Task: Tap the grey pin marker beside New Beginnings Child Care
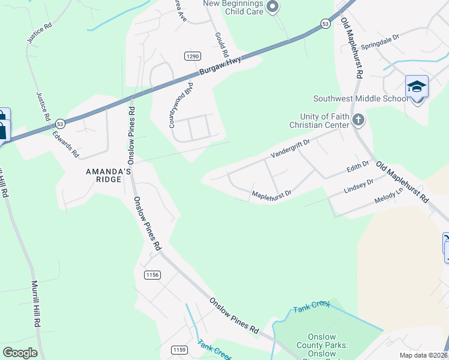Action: tap(273, 7)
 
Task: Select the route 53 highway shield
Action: tap(325, 23)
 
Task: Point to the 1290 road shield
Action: tap(192, 56)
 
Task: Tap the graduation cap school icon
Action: tap(417, 88)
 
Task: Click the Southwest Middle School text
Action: tap(360, 99)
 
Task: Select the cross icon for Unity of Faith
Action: tap(358, 119)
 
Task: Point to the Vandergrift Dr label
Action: tap(289, 148)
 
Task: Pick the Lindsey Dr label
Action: tap(358, 186)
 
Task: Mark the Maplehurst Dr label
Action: tap(271, 194)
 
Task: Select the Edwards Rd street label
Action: tap(65, 145)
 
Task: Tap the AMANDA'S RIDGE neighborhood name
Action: tap(108, 175)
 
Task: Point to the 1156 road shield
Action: tap(152, 275)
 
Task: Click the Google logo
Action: tap(20, 352)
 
